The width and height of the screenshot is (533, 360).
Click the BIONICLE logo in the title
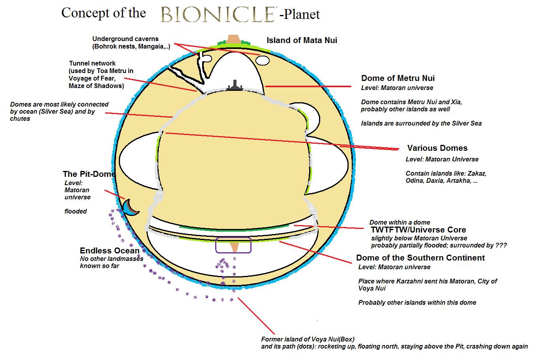[218, 14]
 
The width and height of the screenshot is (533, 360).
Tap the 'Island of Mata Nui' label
[302, 40]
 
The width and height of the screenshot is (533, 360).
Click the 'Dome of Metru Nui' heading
[398, 78]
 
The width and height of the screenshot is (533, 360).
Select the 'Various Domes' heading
[437, 148]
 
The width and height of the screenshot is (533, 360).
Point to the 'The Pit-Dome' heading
[89, 174]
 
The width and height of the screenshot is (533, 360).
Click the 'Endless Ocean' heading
[109, 251]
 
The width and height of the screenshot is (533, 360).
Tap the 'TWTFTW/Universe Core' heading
[418, 230]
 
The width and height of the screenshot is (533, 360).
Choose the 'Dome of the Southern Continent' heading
[420, 258]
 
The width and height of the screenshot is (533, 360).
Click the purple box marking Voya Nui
[233, 245]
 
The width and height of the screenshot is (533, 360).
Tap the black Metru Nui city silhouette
[235, 86]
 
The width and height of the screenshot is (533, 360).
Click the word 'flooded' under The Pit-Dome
[75, 211]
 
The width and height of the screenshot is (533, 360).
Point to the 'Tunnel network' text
[92, 63]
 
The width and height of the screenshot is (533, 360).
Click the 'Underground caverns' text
[125, 39]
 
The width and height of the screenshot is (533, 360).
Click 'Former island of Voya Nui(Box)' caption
[308, 339]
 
